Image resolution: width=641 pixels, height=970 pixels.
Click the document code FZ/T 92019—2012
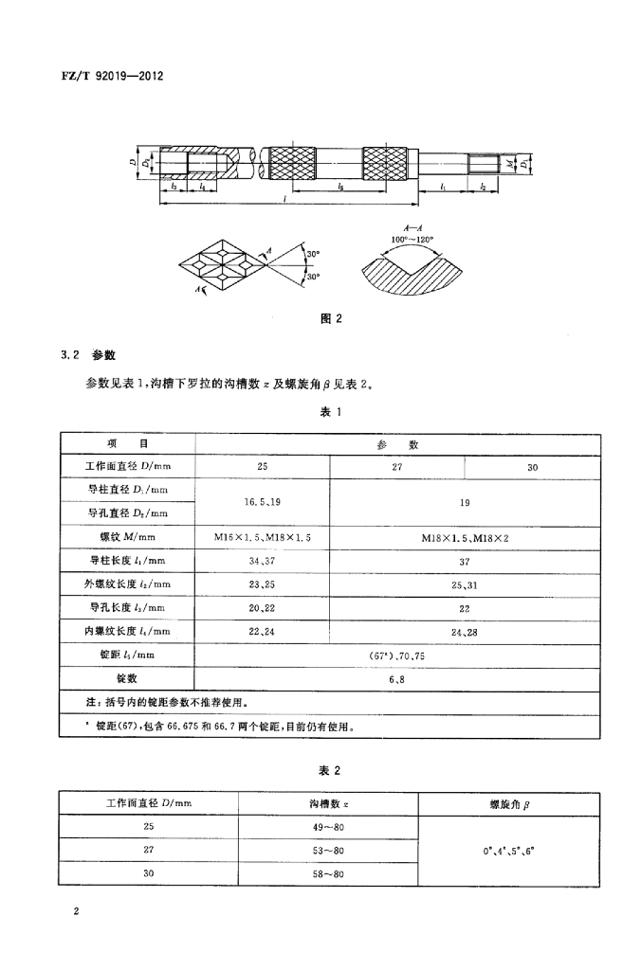click(112, 76)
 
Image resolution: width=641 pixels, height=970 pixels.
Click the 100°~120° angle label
click(412, 240)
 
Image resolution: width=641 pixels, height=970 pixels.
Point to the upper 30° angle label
click(314, 254)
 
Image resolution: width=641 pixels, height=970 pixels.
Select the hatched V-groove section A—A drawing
click(412, 269)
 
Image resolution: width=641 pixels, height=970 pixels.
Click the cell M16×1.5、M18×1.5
click(263, 537)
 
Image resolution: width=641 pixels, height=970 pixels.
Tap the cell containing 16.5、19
click(263, 501)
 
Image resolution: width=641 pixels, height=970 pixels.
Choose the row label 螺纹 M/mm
click(127, 537)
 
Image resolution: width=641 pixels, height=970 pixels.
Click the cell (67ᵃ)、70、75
click(397, 655)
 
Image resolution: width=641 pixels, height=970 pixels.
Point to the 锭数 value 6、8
click(397, 679)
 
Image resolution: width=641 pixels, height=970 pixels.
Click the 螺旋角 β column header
click(509, 803)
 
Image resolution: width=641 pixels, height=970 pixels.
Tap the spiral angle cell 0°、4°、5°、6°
click(509, 850)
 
